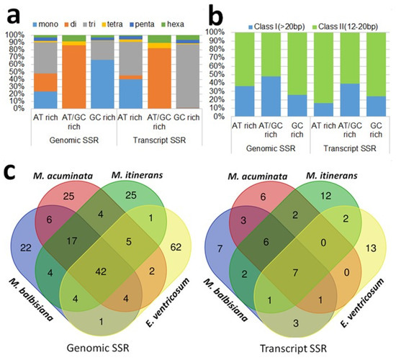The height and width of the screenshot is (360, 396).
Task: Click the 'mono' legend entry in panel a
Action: click(45, 24)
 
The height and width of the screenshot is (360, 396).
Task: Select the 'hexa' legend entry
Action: click(173, 24)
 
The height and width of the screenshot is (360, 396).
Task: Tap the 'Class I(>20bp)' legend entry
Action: click(276, 27)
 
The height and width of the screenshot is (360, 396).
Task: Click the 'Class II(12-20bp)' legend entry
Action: click(345, 27)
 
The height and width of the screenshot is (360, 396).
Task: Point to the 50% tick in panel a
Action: click(15, 72)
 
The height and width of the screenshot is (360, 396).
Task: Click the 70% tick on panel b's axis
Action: click(216, 58)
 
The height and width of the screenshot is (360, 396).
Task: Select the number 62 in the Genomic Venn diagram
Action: click(176, 247)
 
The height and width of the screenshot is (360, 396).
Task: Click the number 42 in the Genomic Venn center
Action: click(101, 272)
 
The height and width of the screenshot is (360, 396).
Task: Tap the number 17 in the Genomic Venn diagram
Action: click(71, 241)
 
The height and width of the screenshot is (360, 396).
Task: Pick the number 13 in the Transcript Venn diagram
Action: click(371, 248)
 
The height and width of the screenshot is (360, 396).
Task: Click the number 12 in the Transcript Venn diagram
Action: click(325, 196)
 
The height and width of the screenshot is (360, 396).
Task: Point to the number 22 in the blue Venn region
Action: click(26, 248)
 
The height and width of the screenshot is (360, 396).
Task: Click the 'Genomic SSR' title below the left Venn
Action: click(98, 348)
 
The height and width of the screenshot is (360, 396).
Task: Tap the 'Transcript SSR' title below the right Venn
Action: click(294, 348)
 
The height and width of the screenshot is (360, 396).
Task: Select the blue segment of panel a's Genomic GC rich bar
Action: click(102, 84)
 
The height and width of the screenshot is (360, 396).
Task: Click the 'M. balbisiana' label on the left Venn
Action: click(32, 300)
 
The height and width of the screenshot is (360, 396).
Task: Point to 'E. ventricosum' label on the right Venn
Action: click(362, 302)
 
